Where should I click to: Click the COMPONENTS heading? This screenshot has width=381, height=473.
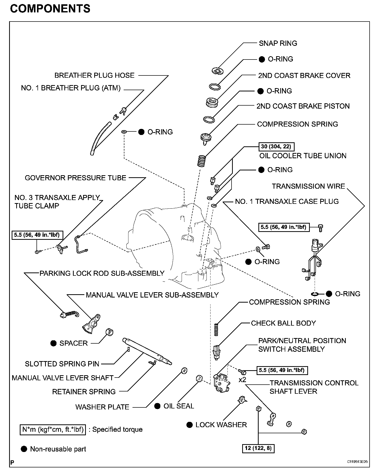(x=50, y=9)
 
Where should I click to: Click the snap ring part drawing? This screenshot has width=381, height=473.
(x=217, y=71)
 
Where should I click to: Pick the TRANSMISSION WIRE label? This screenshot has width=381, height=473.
(x=308, y=186)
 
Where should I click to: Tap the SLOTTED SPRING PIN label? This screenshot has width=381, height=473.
(x=62, y=364)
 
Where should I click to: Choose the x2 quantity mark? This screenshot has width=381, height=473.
(x=242, y=380)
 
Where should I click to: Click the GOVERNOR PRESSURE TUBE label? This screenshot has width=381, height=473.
(x=75, y=178)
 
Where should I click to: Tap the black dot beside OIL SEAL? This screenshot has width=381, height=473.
(x=157, y=406)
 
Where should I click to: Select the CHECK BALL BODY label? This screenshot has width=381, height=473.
(x=283, y=323)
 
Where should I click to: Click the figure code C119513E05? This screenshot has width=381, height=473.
(x=357, y=462)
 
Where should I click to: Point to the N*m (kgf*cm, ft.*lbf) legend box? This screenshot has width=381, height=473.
(x=53, y=429)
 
